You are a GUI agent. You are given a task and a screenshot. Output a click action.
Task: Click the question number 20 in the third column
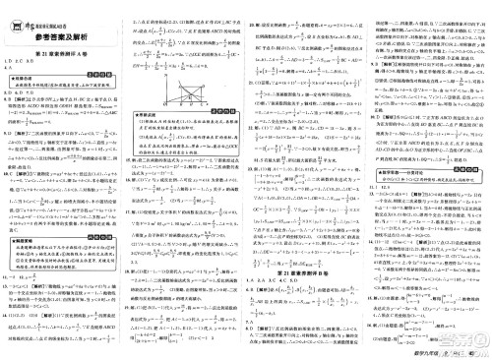click(253, 7)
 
